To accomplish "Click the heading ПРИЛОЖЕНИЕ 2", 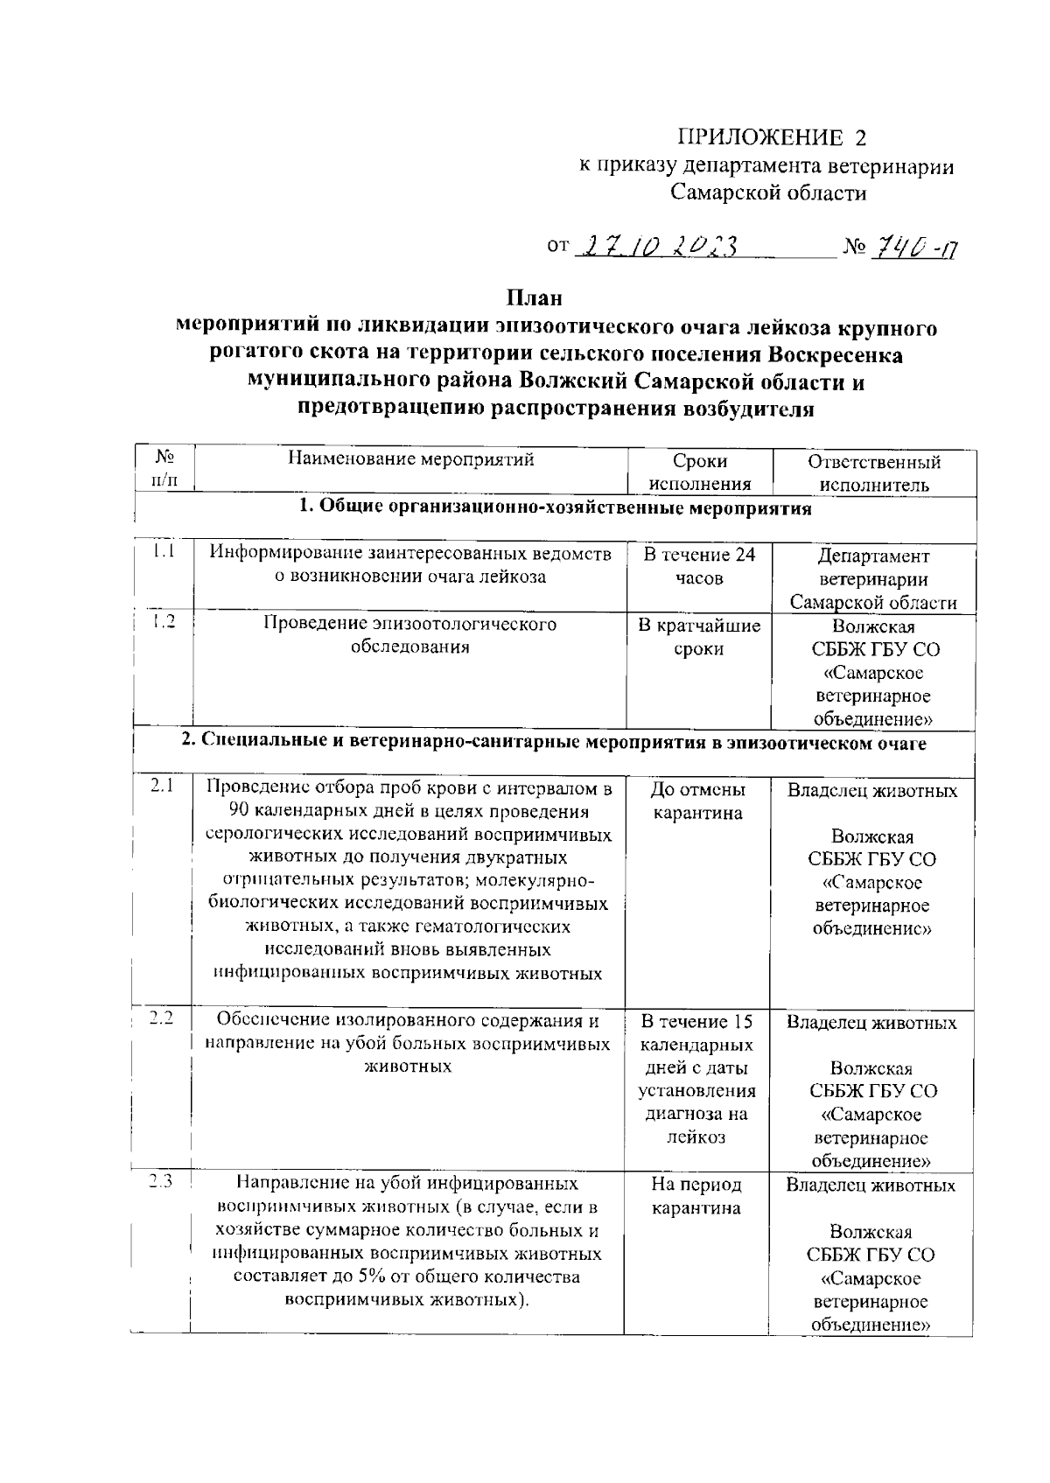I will pyautogui.click(x=774, y=138).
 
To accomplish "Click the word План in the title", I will pyautogui.click(x=534, y=298).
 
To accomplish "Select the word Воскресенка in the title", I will pyautogui.click(x=835, y=355).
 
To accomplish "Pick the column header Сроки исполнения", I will pyautogui.click(x=699, y=472).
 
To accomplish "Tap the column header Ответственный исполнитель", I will pyautogui.click(x=873, y=472).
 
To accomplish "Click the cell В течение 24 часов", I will pyautogui.click(x=699, y=566).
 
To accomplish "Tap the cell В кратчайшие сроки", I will pyautogui.click(x=699, y=637).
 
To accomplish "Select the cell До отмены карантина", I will pyautogui.click(x=697, y=801).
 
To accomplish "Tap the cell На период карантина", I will pyautogui.click(x=696, y=1196).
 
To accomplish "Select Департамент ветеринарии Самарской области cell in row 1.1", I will pyautogui.click(x=873, y=578).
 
